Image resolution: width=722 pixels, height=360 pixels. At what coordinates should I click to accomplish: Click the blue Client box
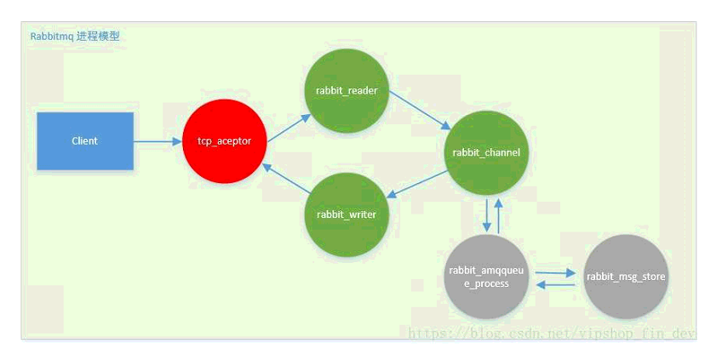coord(85,141)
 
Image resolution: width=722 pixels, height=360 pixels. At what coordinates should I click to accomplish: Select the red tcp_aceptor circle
coord(224,141)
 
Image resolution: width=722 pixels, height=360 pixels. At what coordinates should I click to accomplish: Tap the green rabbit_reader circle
coord(347,90)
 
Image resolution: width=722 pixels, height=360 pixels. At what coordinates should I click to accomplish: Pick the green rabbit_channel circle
coord(486,152)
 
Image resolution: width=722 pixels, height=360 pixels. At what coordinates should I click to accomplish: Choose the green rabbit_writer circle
coord(347,214)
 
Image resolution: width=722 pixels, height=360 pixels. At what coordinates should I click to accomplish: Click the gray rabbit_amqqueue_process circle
coord(486,277)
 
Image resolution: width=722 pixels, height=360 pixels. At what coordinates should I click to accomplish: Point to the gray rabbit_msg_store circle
coord(626,277)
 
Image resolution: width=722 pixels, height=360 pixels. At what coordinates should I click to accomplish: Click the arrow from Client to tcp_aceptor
coord(158,141)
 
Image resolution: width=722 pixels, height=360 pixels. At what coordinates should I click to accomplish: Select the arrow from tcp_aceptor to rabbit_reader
coord(289,128)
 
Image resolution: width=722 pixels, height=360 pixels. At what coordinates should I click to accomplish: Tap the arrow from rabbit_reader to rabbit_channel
coord(421,110)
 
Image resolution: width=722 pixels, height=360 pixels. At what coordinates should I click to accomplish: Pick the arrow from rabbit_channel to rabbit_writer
coord(417,184)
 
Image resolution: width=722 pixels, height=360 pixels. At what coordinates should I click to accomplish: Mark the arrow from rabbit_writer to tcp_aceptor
coord(285,179)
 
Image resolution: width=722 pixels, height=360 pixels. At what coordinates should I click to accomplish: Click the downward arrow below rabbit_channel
coord(486,215)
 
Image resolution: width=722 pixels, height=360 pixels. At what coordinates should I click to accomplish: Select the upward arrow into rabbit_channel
coord(498,215)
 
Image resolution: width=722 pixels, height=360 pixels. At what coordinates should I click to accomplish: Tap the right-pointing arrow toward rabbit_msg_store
coord(556,272)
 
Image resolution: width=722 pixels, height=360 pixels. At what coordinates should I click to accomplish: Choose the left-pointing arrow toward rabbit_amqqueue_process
coord(556,285)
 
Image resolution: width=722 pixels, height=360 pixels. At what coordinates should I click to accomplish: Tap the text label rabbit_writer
coord(347,214)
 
